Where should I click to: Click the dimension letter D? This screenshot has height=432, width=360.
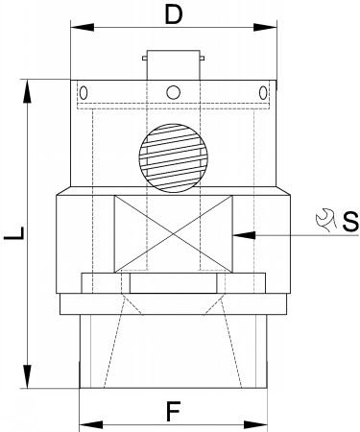173,15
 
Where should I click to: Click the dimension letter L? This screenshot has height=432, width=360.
14,232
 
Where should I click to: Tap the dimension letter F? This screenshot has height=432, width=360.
173,411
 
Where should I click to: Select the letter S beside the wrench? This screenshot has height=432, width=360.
350,222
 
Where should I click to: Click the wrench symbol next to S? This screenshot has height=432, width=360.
325,220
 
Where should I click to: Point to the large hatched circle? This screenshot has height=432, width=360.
173,158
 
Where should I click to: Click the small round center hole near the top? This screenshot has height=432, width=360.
173,92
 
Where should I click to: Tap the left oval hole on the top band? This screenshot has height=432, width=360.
84,93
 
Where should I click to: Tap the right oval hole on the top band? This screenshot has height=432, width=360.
263,93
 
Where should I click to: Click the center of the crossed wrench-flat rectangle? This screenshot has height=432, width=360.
174,234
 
